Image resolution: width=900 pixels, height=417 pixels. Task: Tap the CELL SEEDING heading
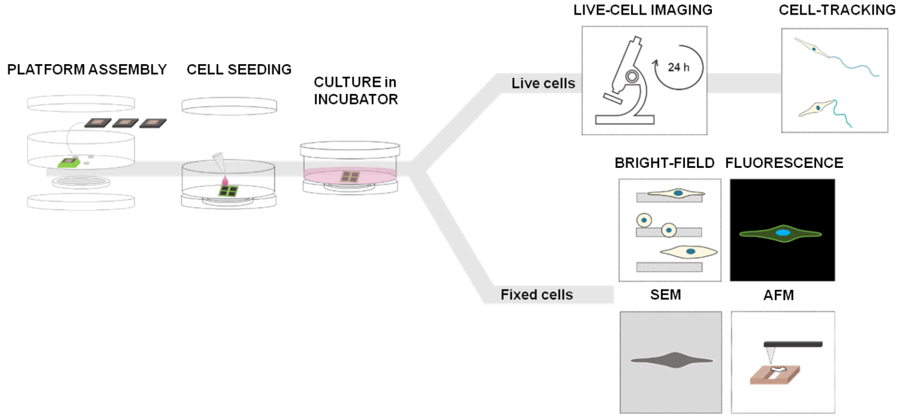pyautogui.click(x=239, y=69)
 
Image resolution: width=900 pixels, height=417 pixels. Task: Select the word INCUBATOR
pyautogui.click(x=356, y=100)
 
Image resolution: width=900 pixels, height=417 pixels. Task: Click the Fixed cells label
pyautogui.click(x=537, y=295)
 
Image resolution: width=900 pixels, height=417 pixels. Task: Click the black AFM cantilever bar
pyautogui.click(x=793, y=344)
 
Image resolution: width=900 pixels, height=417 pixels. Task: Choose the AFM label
pyautogui.click(x=778, y=295)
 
